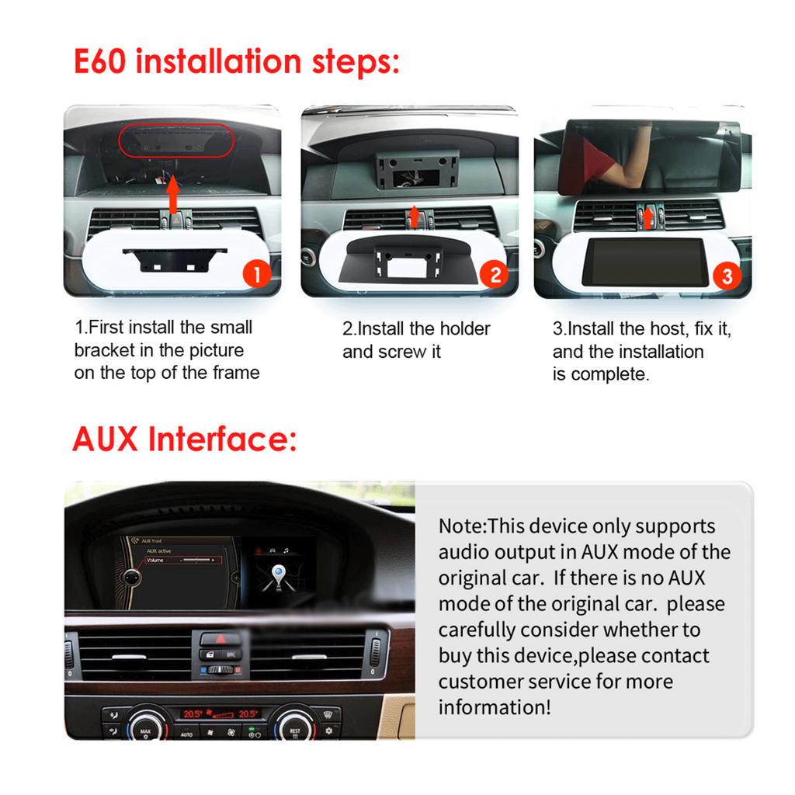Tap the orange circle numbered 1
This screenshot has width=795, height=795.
(x=257, y=274)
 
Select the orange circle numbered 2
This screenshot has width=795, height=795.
(x=493, y=274)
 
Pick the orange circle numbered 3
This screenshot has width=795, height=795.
(x=727, y=275)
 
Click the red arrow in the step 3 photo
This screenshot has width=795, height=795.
(x=646, y=217)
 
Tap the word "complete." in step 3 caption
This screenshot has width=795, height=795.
(x=610, y=374)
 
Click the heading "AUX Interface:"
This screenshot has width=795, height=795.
(x=184, y=439)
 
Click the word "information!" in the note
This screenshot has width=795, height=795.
(x=495, y=707)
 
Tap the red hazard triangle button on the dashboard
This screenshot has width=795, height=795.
(x=220, y=640)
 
